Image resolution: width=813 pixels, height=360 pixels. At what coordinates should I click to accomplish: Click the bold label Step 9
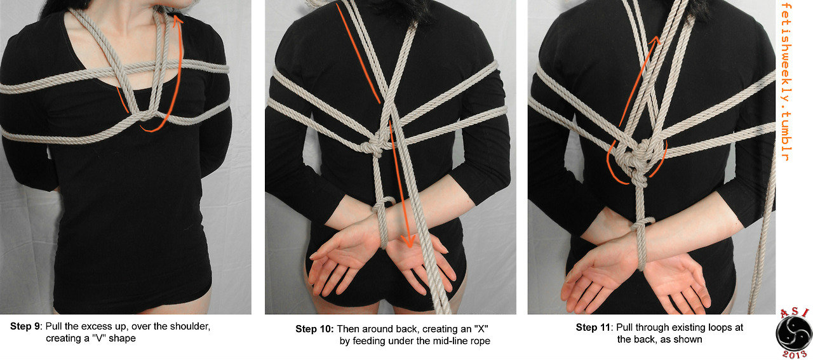pos(26,326)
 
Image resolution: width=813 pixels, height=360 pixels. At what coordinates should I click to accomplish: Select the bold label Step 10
pos(314,329)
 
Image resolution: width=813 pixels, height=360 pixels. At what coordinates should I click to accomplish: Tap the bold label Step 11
pos(593,328)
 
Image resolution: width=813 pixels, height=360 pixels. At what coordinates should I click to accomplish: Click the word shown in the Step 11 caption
pos(689,339)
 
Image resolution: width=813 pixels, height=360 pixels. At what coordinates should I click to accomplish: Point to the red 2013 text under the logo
pos(794,354)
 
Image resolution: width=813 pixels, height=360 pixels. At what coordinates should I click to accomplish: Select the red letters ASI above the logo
pos(794,313)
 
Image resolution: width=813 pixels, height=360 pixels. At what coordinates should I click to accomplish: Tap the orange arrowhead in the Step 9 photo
pos(177,20)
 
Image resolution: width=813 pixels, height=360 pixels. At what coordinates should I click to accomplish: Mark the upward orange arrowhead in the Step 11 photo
pos(654,41)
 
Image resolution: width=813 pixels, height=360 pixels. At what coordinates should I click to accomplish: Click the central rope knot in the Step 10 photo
pos(377,144)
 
